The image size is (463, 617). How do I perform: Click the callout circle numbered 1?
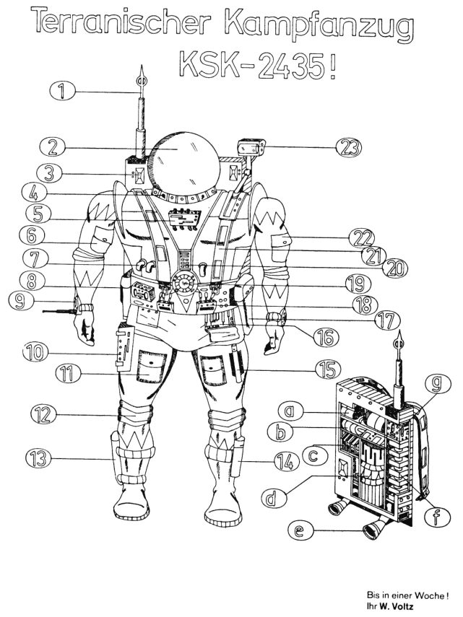(62, 90)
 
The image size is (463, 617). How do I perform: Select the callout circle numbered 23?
(349, 147)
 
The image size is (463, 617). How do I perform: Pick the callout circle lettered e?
(301, 531)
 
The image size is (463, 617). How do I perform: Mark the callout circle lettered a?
(290, 412)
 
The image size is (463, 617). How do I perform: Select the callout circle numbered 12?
(43, 413)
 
